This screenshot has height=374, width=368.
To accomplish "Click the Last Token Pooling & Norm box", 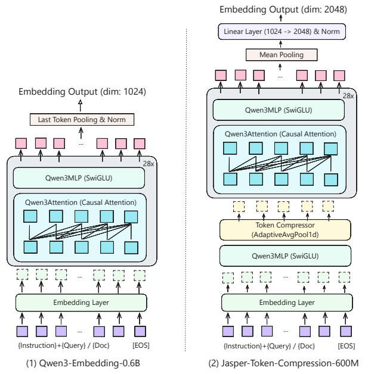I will coord(82,120).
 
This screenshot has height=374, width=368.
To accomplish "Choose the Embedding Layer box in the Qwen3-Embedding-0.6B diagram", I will coord(81,303).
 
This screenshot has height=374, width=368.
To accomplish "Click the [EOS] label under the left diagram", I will coord(140,345).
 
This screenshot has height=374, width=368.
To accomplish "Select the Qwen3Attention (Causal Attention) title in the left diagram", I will coord(81,202).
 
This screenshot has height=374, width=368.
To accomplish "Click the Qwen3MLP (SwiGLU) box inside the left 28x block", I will coord(80,177).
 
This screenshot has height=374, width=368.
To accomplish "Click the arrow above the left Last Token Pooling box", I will coord(82,105).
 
